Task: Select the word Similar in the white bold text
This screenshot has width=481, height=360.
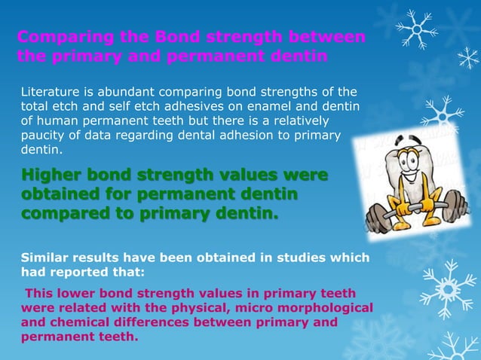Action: [x=47, y=258]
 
